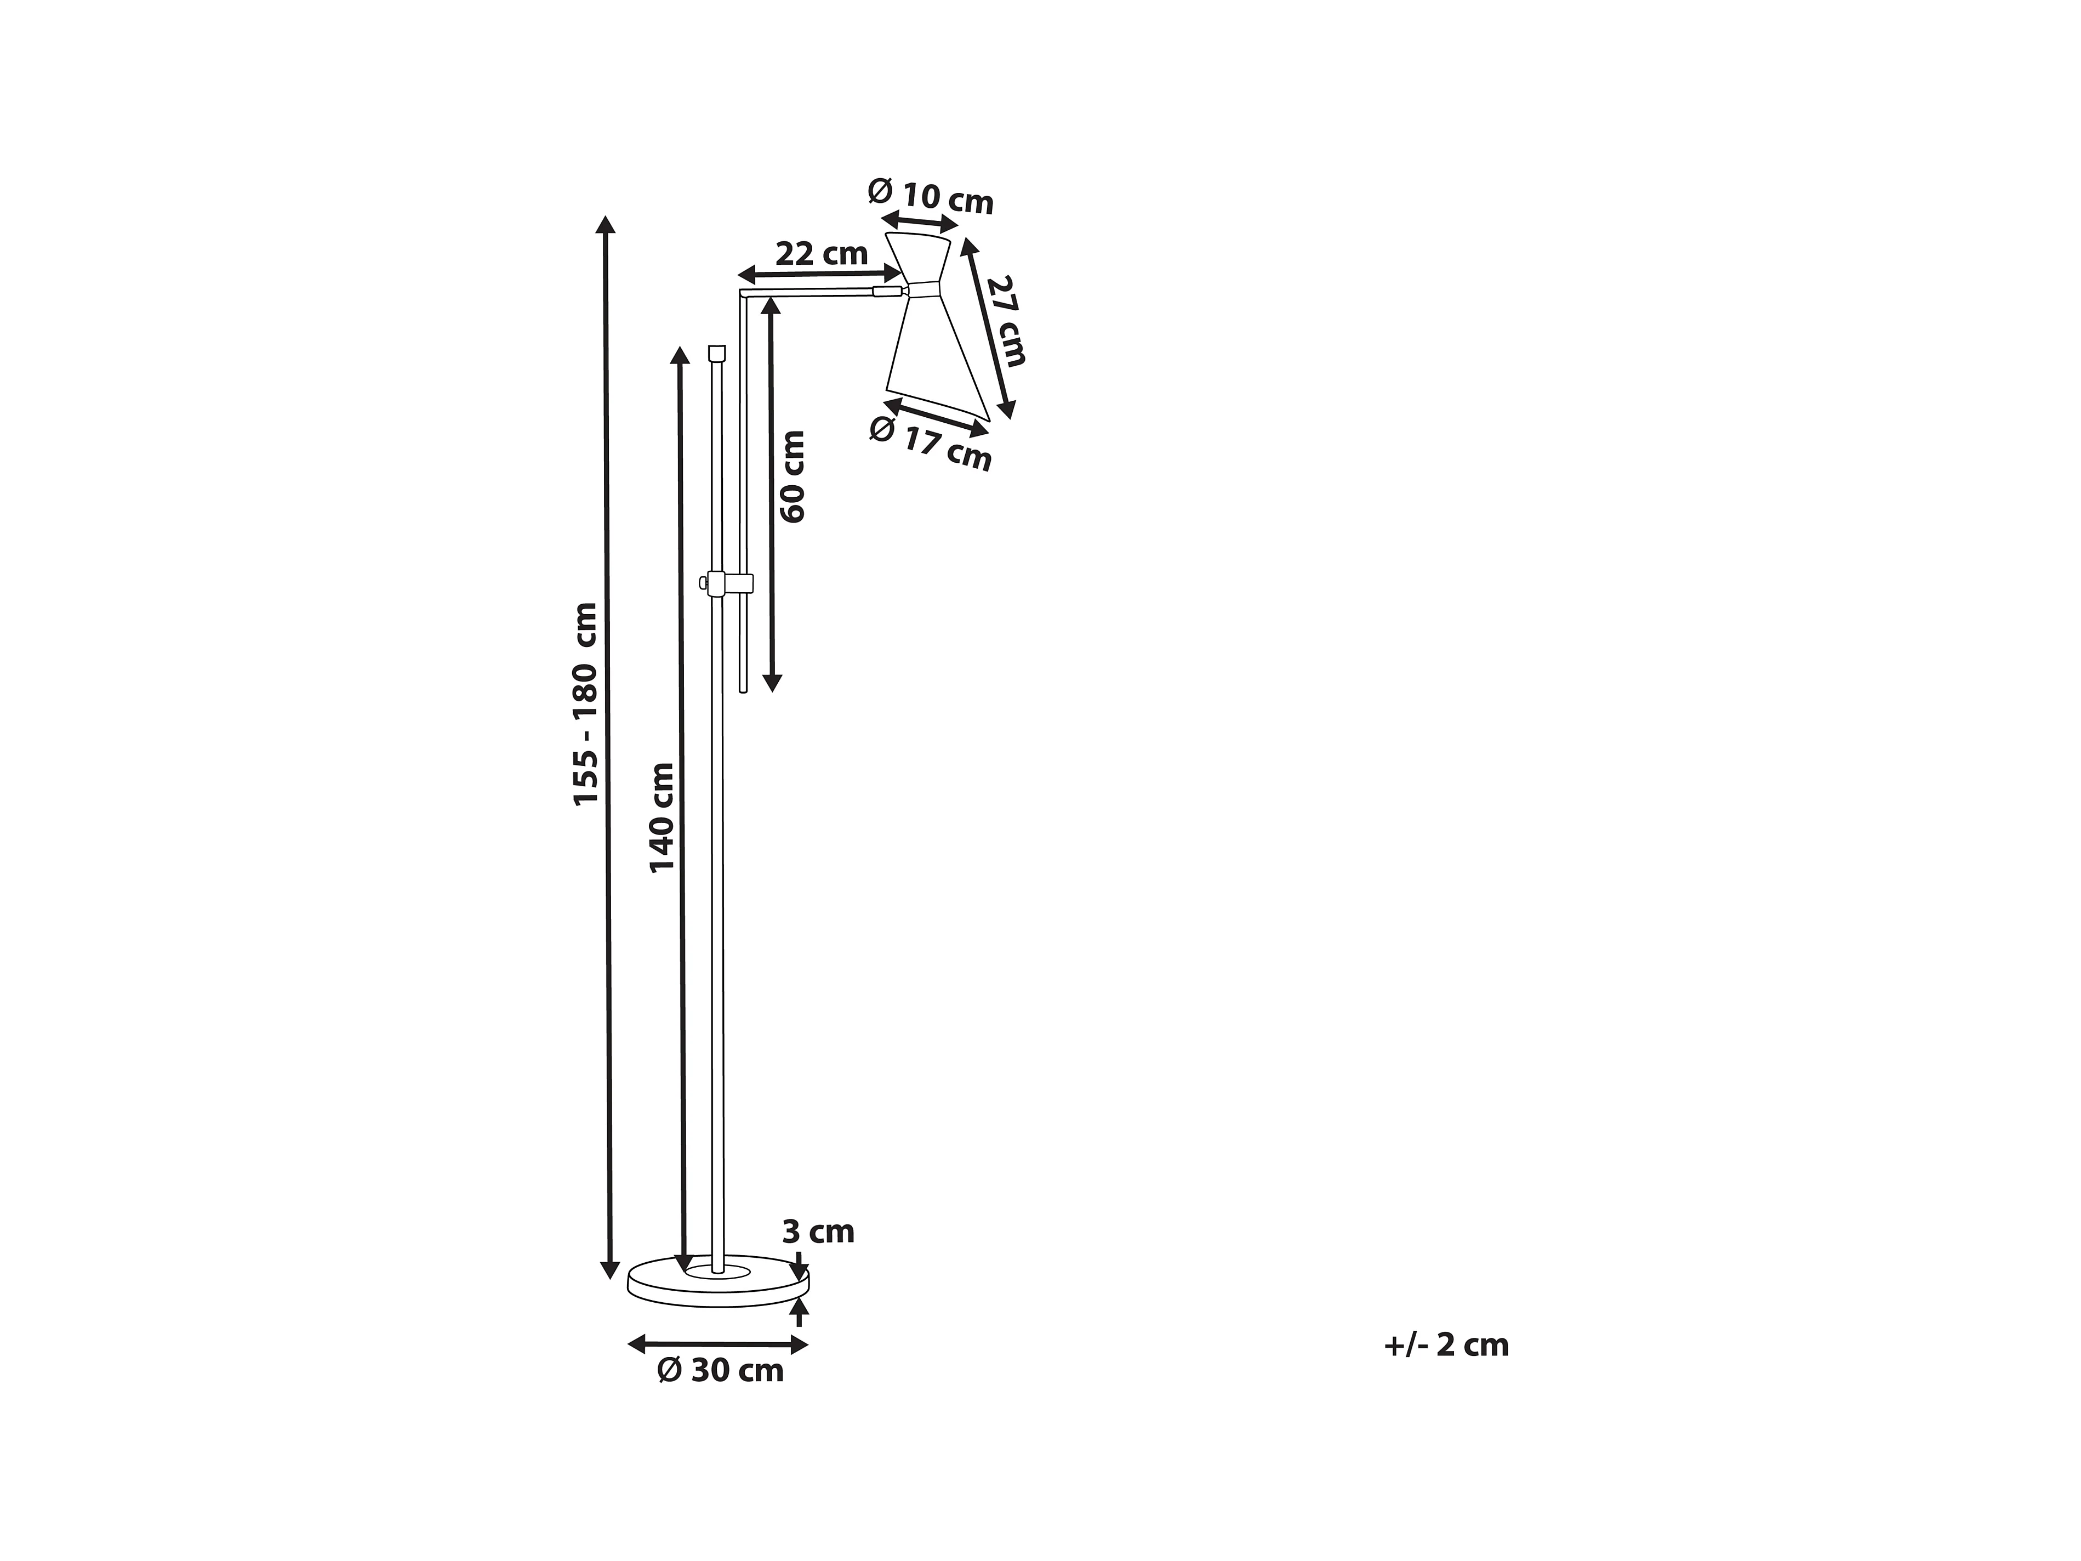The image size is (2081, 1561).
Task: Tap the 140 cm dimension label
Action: [x=662, y=817]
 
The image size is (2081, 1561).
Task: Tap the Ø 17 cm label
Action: [x=931, y=443]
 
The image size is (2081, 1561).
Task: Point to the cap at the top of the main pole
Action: [x=717, y=354]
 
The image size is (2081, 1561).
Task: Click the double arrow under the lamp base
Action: [x=718, y=1344]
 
